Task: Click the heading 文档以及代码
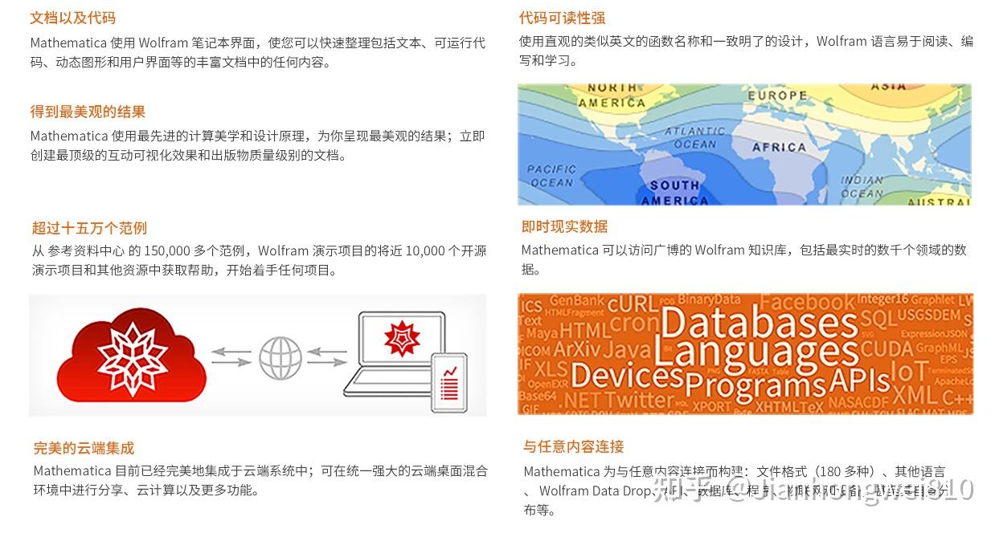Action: [x=73, y=18]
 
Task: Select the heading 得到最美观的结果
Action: [x=88, y=112]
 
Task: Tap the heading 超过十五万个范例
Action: [x=89, y=228]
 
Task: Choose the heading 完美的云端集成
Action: [x=84, y=448]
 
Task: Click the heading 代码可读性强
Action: [x=562, y=18]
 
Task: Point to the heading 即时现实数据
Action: [x=564, y=226]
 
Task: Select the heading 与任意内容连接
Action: [x=573, y=446]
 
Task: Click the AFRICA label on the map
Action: [x=779, y=148]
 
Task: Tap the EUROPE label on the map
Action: [x=777, y=96]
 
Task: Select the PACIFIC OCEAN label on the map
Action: [x=551, y=176]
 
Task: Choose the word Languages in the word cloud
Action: [x=752, y=352]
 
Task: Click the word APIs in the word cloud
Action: [x=858, y=380]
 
